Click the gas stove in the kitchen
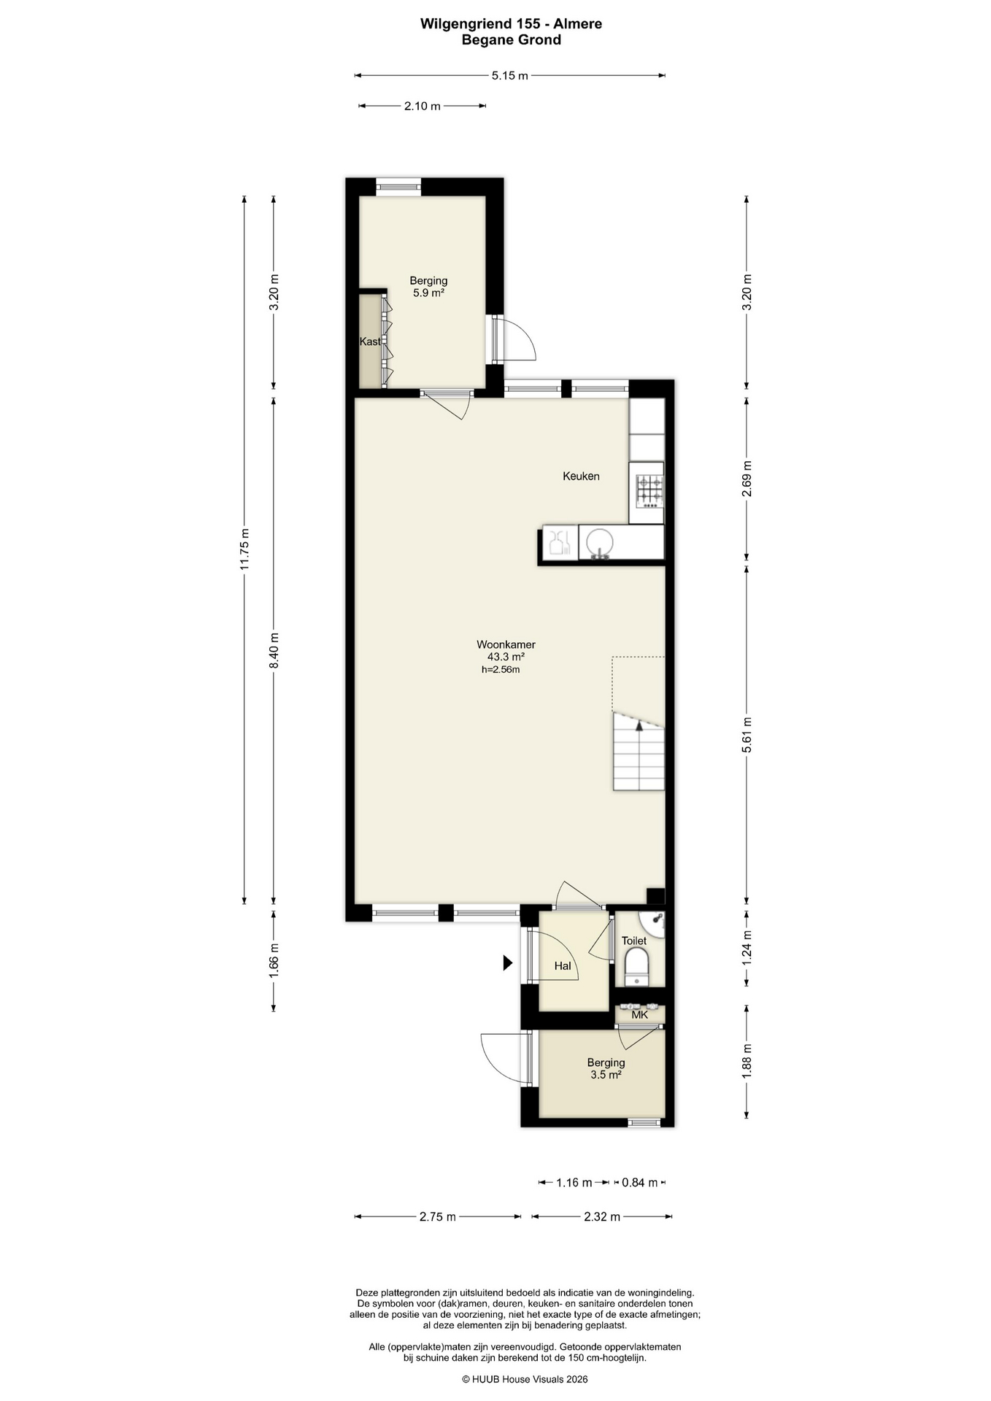[649, 491]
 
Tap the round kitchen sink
[600, 543]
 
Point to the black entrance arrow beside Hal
[508, 963]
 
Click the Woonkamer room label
[506, 644]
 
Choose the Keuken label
[581, 476]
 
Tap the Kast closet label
[370, 341]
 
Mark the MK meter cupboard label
[639, 1014]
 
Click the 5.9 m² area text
[428, 293]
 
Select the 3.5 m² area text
[606, 1075]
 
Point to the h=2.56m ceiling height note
[501, 669]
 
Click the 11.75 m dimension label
[245, 549]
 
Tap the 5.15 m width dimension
[509, 75]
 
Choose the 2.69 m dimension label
[747, 479]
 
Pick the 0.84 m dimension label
[639, 1182]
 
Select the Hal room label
[562, 966]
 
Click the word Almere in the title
[578, 24]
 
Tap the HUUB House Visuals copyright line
[525, 1379]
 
